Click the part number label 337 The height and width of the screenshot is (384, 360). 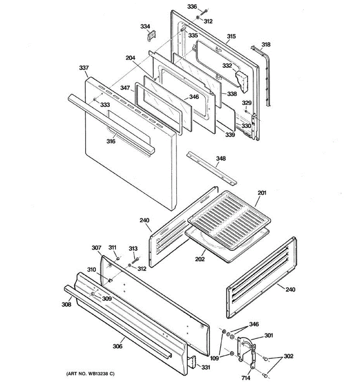[x=84, y=68]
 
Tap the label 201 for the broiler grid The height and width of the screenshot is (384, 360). [x=262, y=193]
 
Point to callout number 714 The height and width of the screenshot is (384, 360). [x=246, y=378]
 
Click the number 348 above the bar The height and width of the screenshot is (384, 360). [x=221, y=158]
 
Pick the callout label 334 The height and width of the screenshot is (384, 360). [x=145, y=26]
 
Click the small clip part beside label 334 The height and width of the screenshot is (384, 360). [x=151, y=35]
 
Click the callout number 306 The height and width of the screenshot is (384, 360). [x=117, y=346]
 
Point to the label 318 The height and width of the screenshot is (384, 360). [x=266, y=44]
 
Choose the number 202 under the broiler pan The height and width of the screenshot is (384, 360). [x=200, y=259]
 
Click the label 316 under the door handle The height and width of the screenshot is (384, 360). [x=111, y=141]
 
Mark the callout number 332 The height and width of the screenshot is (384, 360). [x=227, y=66]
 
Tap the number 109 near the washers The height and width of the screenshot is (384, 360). [x=214, y=358]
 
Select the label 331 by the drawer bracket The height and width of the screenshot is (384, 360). [x=205, y=367]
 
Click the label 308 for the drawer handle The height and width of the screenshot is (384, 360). [x=66, y=304]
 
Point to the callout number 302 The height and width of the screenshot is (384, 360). [x=288, y=356]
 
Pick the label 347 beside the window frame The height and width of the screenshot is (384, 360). [x=125, y=88]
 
